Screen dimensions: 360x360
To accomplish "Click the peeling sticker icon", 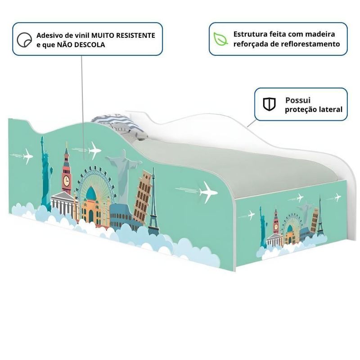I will (23, 40).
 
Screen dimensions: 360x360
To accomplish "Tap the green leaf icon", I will (220, 39).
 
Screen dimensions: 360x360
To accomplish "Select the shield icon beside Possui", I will (269, 104).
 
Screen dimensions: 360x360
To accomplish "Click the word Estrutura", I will (250, 34).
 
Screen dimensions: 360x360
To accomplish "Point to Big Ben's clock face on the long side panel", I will (67, 181).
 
